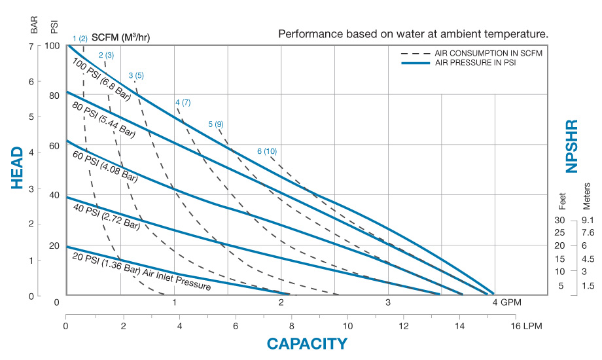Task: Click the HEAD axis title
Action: click(x=18, y=168)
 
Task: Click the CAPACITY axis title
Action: click(x=306, y=344)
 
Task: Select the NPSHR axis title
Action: click(x=572, y=146)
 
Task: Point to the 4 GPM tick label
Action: click(x=506, y=302)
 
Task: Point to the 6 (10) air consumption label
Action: click(x=267, y=152)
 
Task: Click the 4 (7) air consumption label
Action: click(x=183, y=103)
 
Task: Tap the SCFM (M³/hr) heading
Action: click(x=121, y=37)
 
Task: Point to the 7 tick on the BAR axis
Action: click(x=31, y=46)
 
